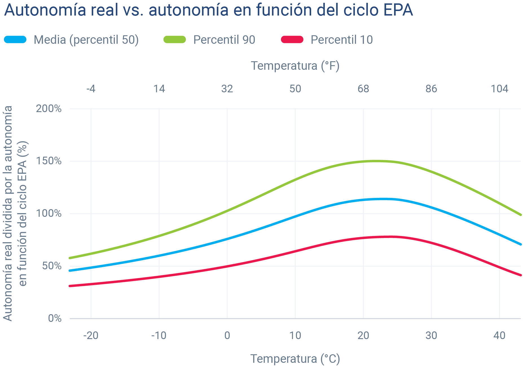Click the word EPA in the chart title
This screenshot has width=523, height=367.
click(x=398, y=10)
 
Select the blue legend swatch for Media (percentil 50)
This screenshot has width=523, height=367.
click(x=16, y=40)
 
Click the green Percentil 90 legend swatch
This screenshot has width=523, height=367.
click(x=175, y=40)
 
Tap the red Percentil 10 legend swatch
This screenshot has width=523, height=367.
click(x=292, y=40)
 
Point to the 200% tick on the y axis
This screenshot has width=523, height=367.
click(x=49, y=108)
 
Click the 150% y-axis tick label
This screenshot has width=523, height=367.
click(x=49, y=161)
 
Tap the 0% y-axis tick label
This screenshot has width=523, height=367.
click(x=55, y=318)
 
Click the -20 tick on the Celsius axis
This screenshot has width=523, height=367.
click(x=91, y=335)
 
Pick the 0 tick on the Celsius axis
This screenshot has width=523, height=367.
click(x=227, y=335)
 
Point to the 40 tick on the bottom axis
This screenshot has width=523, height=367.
click(x=499, y=335)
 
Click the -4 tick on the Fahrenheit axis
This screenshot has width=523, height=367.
click(x=91, y=89)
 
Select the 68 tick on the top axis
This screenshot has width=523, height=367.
click(x=363, y=89)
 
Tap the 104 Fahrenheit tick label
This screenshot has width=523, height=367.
click(x=499, y=89)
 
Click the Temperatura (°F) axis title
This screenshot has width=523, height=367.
click(x=295, y=66)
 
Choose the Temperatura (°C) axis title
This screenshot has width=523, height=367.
click(x=295, y=359)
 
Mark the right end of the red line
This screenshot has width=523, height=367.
click(x=520, y=275)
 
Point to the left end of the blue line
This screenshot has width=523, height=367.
click(x=70, y=270)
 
